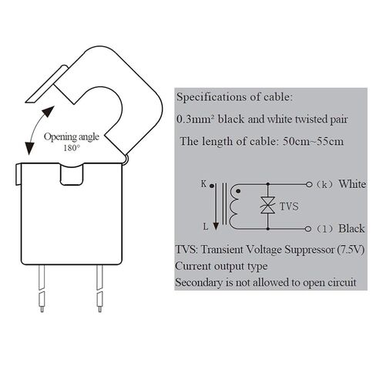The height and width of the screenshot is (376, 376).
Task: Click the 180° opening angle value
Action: coord(72,148)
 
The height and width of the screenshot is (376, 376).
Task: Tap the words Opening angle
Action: coord(72,137)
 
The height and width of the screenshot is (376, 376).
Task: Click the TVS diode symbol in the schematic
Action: coord(267,205)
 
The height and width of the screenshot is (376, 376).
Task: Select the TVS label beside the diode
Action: coord(289,206)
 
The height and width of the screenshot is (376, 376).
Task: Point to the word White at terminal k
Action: coord(352,184)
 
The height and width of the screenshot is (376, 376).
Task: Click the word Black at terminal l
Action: coord(351,229)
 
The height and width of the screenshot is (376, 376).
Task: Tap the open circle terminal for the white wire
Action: coord(309,184)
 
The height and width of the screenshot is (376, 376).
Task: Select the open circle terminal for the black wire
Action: coord(308,229)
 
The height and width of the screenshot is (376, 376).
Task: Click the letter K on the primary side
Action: coord(203,184)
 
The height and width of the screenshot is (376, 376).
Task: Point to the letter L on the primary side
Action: coord(206,227)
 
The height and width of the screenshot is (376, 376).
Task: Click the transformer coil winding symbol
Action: coord(234,206)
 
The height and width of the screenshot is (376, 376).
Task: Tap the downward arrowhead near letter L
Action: coord(216,227)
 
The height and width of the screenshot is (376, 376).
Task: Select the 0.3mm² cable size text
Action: coord(196,119)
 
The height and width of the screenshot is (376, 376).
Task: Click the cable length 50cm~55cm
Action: coord(313,142)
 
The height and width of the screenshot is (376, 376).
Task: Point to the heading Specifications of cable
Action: coord(234,97)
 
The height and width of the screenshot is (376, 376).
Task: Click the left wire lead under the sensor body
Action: coord(42,288)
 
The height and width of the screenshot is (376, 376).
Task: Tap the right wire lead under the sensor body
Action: coord(99,288)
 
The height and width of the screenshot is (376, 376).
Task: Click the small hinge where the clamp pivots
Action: coord(126,159)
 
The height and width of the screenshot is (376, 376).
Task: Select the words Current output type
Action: coord(221,267)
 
